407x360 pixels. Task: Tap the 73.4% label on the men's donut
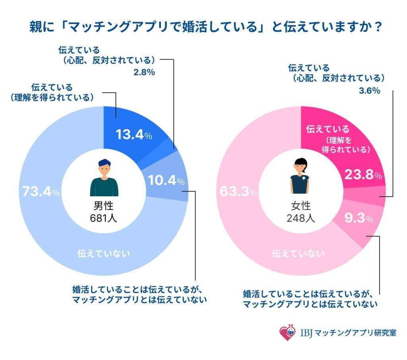[x=39, y=193]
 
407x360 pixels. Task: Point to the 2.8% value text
[x=143, y=73]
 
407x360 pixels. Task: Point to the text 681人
[x=104, y=218]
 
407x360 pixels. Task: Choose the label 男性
[x=104, y=206]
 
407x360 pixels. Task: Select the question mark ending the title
[x=378, y=27]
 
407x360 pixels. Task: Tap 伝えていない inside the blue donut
[x=104, y=253]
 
